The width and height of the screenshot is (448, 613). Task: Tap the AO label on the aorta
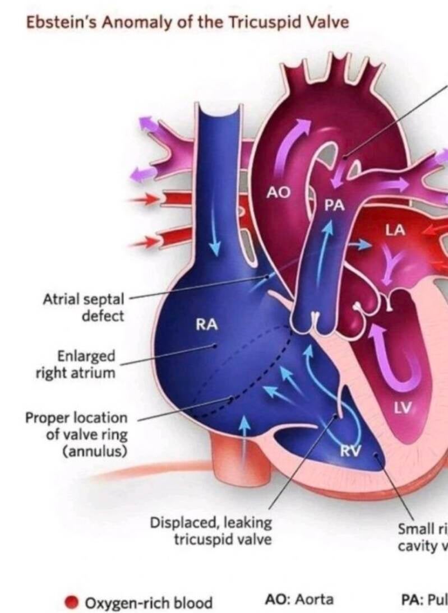pyautogui.click(x=279, y=193)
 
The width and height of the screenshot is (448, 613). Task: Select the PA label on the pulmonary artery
pyautogui.click(x=334, y=206)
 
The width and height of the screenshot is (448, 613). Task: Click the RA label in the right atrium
pyautogui.click(x=206, y=324)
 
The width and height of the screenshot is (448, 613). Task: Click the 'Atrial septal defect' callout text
pyautogui.click(x=84, y=307)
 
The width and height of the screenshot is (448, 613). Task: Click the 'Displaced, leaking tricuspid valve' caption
pyautogui.click(x=211, y=531)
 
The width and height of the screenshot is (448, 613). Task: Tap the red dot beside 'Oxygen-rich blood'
pyautogui.click(x=71, y=602)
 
